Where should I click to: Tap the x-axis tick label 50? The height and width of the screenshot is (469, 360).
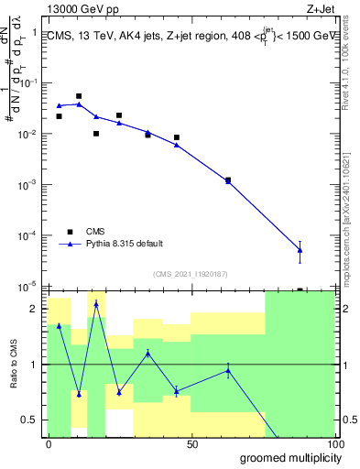click(191, 443)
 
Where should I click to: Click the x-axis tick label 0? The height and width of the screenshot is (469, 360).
click(49, 443)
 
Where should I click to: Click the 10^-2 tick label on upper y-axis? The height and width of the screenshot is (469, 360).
click(29, 135)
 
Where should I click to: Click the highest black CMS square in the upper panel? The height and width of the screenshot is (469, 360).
click(79, 96)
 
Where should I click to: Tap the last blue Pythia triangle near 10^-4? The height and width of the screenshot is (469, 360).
click(300, 250)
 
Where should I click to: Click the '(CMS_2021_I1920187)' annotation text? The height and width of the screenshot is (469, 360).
click(191, 273)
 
